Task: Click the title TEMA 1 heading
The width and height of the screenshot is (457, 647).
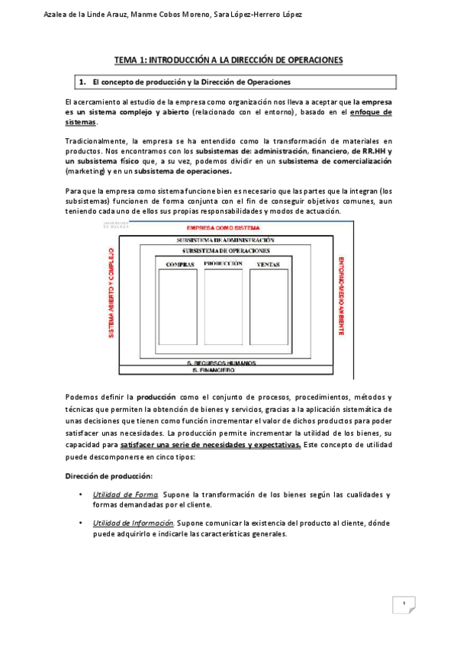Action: (x=229, y=60)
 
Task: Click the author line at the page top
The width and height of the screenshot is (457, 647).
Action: (x=173, y=14)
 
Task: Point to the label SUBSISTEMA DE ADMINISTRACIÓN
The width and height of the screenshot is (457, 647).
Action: (x=225, y=240)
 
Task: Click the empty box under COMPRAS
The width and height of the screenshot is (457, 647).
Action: (x=180, y=307)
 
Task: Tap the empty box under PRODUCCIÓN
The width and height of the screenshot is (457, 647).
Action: (x=223, y=307)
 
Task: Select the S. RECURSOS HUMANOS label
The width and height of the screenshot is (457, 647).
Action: (x=224, y=363)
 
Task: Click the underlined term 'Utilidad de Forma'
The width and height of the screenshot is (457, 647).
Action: (x=125, y=494)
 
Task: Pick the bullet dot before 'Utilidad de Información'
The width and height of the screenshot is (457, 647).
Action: (x=81, y=523)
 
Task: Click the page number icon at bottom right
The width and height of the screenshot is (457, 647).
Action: (x=404, y=605)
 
